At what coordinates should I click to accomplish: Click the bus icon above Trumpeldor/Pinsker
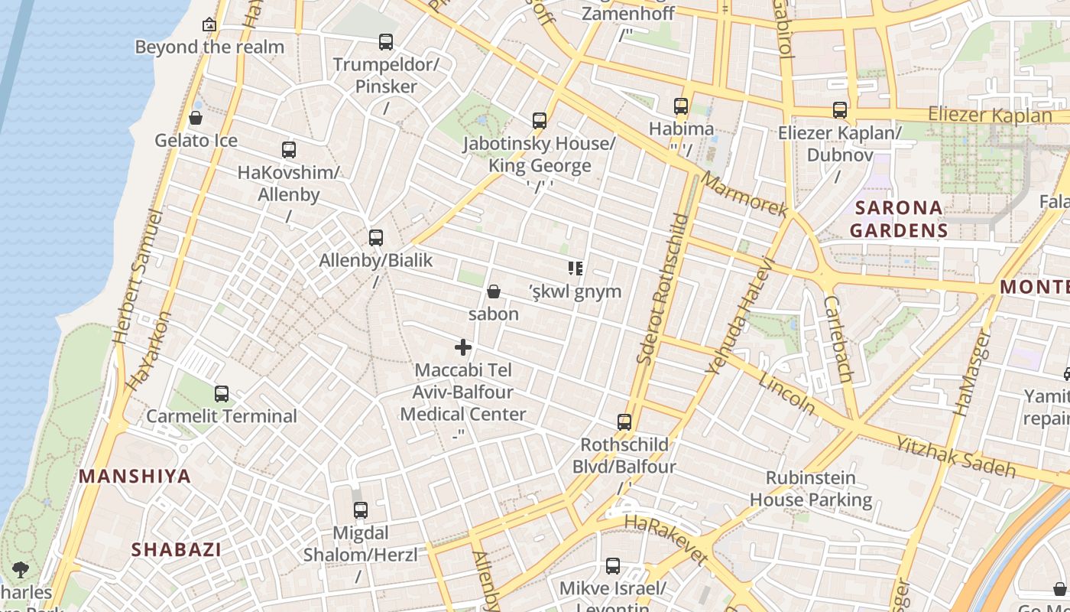coord(386,41)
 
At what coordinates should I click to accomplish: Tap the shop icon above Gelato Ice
coord(196,118)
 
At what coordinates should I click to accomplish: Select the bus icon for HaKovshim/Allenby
coord(288,150)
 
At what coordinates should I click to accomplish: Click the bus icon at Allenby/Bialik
coord(375,238)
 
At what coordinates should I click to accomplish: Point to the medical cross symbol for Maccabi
coord(463,347)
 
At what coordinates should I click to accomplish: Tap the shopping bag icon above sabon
coord(494,291)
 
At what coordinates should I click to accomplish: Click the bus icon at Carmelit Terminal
coord(222,394)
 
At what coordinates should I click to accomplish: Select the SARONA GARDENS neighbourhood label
coord(899,219)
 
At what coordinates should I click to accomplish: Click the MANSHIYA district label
coord(135,477)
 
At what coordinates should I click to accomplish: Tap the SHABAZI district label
coord(176,549)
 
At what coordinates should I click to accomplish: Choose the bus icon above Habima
coord(681,106)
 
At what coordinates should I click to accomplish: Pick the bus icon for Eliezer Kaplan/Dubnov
coord(840,110)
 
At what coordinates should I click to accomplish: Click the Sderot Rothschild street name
coord(662,289)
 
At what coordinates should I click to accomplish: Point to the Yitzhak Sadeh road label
coord(955,456)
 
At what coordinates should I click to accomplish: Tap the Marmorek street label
coord(744,194)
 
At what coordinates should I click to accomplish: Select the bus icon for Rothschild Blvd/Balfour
coord(624,422)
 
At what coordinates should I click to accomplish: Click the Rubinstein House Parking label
coord(810,489)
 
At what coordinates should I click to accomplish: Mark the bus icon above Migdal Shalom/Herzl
coord(360,510)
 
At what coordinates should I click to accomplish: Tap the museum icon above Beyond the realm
coord(209,24)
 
